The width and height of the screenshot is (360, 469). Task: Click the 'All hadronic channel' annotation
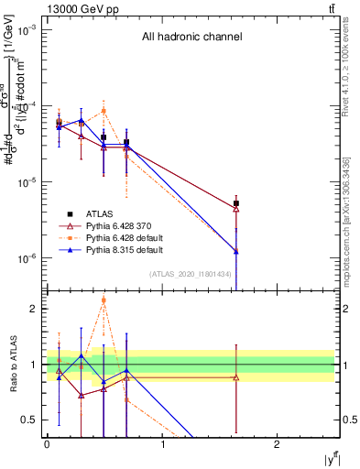[x=191, y=38]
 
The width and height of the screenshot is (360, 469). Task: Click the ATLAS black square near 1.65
[x=236, y=203]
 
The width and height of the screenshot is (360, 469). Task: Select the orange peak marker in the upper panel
[x=104, y=111]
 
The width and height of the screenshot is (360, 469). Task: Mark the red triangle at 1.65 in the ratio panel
[x=236, y=377]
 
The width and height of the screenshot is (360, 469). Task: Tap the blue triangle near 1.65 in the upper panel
[x=236, y=251]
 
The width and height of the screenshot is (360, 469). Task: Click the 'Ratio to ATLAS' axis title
[x=14, y=366]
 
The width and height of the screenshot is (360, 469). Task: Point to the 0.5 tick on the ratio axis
[x=31, y=420]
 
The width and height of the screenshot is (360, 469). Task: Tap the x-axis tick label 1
[x=162, y=444]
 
